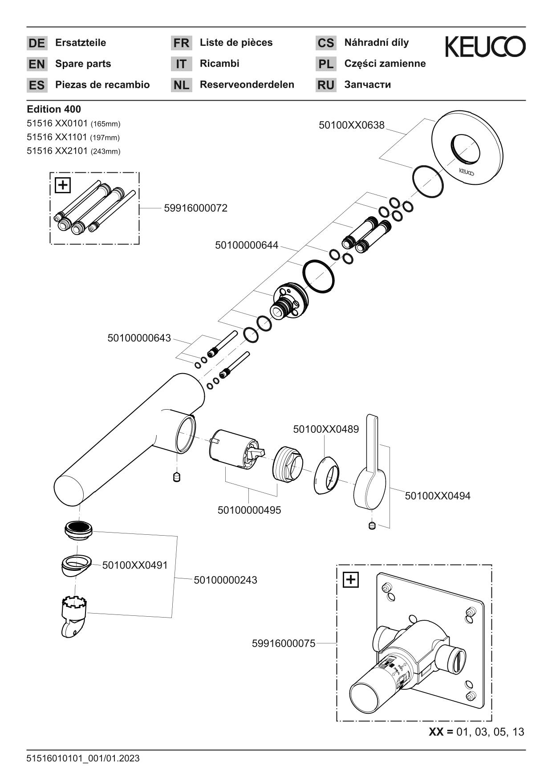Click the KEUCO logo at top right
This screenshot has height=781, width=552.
point(485,47)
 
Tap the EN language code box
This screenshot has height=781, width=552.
point(37,64)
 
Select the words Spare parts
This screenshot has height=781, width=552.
point(83,64)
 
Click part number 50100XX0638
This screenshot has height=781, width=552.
point(351,125)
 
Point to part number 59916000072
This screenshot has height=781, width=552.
point(195,208)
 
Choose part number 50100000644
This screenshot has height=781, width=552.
point(246,245)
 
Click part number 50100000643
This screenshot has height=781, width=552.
point(139,338)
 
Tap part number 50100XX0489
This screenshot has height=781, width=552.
point(325,429)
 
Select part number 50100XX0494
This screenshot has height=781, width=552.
point(437,496)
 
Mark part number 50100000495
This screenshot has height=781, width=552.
point(249,510)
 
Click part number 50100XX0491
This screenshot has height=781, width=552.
point(135,565)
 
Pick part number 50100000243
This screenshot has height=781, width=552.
point(225,580)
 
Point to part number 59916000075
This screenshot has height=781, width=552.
point(283,643)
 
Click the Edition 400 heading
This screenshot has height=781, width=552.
point(54,109)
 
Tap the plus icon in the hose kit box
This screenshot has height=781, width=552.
point(63,185)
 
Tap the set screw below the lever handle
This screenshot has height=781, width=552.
point(373,526)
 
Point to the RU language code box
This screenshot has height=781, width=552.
point(326,85)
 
